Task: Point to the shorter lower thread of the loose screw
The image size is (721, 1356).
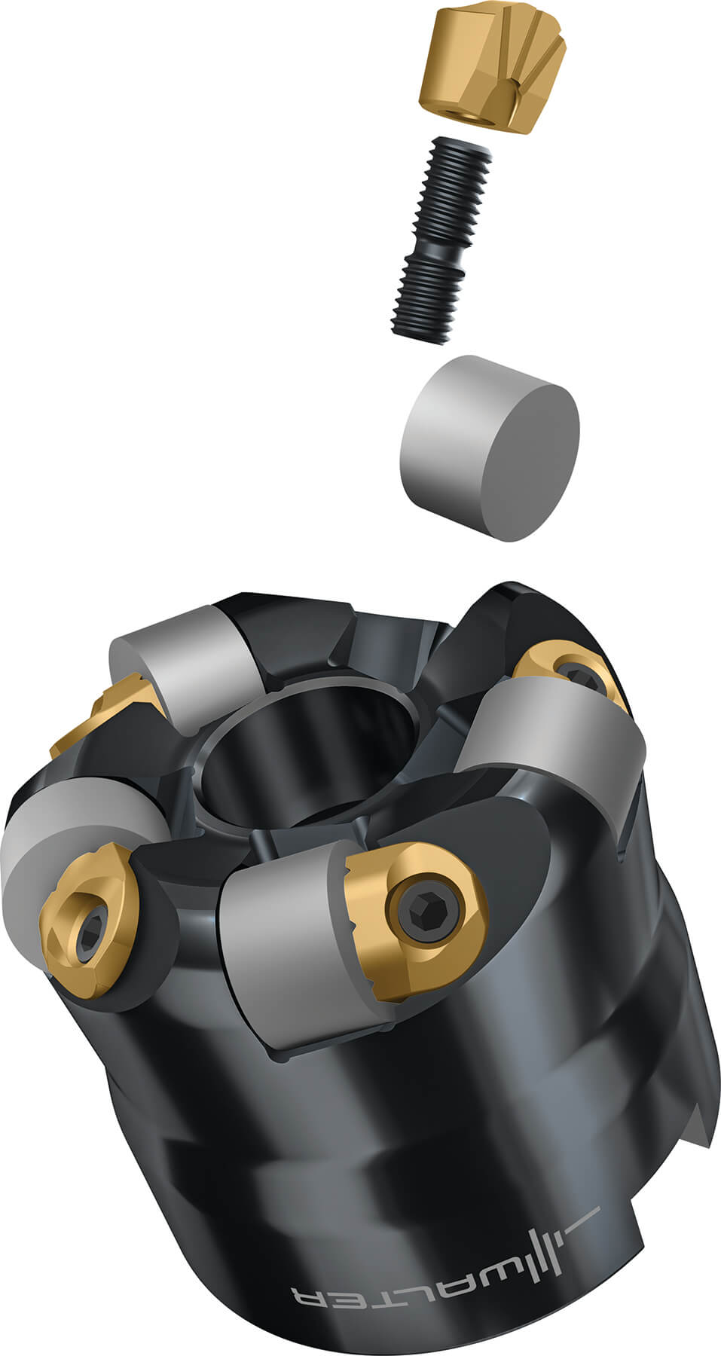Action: [425, 301]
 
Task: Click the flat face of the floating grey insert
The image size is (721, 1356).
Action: [527, 460]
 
